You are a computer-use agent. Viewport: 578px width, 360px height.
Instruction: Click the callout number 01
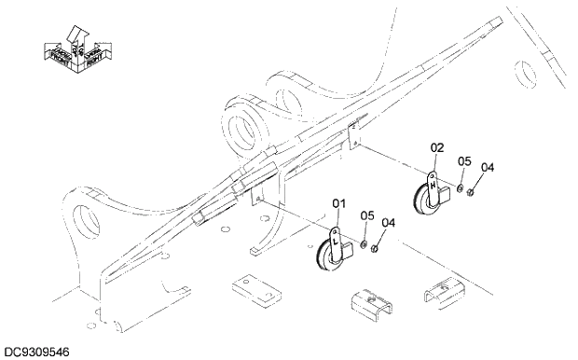(338, 202)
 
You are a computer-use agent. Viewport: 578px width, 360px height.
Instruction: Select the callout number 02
(437, 147)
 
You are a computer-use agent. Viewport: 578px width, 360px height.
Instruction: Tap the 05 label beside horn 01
(367, 215)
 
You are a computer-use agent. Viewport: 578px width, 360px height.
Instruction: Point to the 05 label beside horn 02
(464, 162)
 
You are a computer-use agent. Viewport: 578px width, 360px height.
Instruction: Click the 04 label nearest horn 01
(389, 223)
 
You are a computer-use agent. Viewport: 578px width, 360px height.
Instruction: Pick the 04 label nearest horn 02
(488, 169)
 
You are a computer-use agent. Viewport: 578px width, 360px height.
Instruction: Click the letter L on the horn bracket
(336, 241)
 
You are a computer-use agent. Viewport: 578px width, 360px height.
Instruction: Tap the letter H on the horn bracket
(433, 186)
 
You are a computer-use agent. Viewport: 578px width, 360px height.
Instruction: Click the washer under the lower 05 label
(362, 245)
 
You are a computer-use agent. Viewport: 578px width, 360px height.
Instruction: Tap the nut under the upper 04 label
(472, 193)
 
